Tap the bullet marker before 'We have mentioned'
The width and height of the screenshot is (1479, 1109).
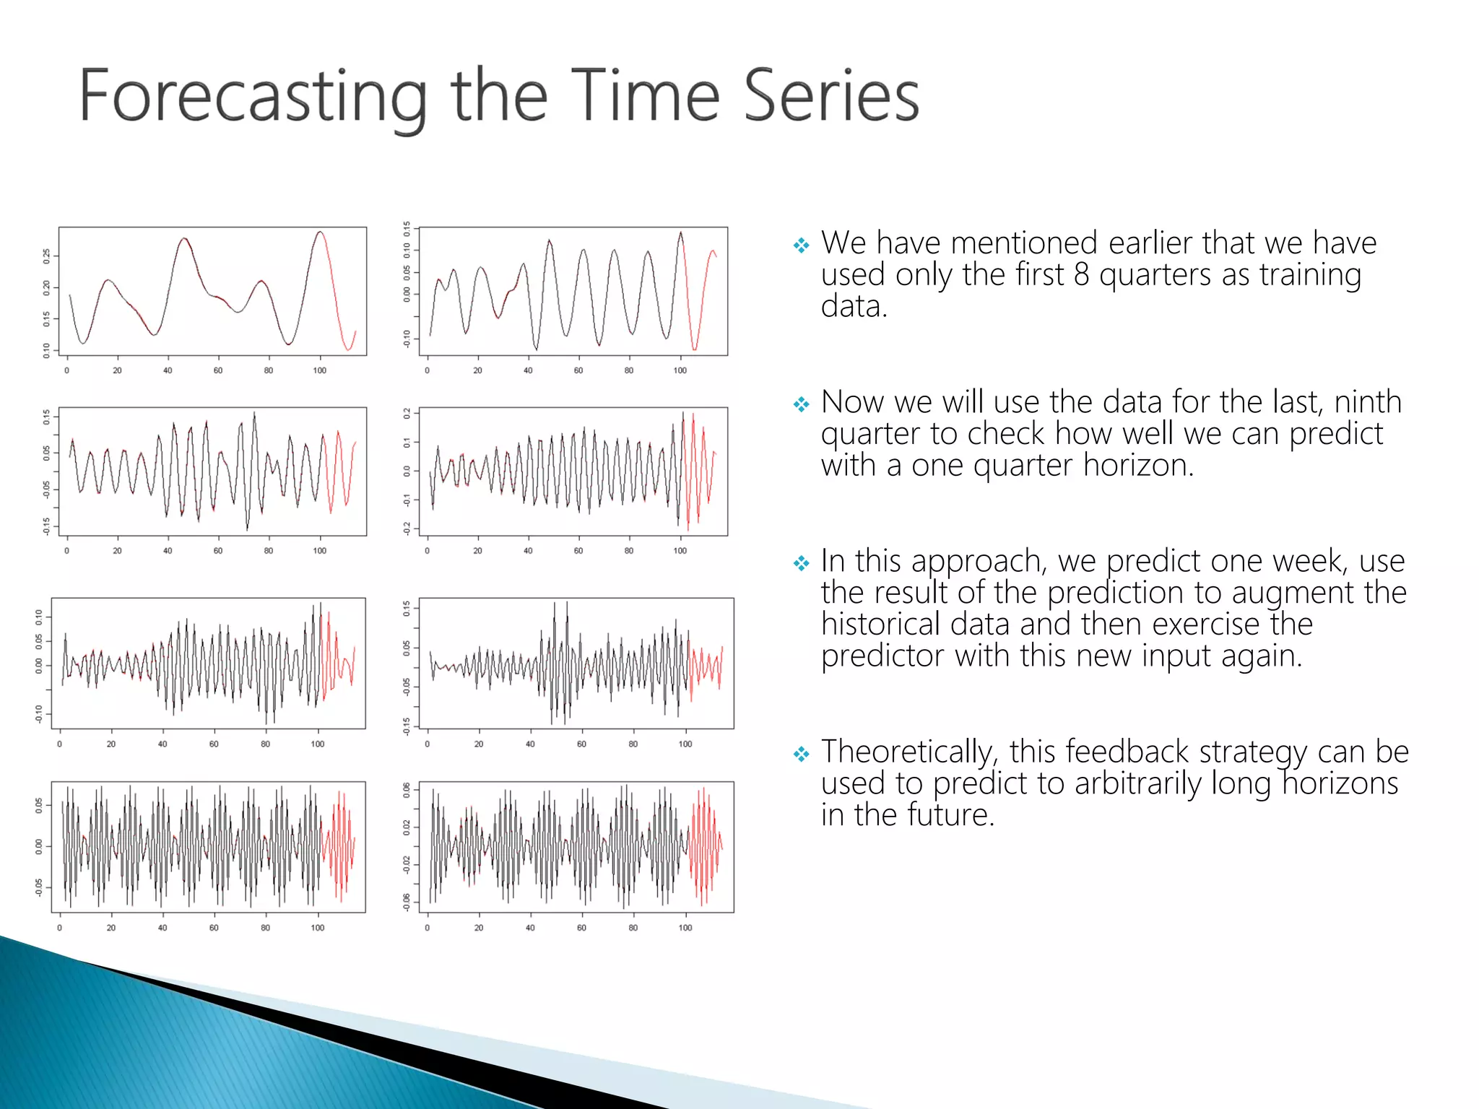click(x=801, y=245)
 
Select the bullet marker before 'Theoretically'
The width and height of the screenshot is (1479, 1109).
click(x=801, y=754)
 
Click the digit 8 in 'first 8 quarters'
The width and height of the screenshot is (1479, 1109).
click(x=1080, y=275)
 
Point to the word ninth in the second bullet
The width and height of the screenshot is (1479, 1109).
click(x=1367, y=402)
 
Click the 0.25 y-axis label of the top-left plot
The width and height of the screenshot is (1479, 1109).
click(x=47, y=256)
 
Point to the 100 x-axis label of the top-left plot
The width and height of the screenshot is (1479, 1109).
click(x=319, y=370)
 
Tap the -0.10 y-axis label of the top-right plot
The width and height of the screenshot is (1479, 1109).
click(x=407, y=338)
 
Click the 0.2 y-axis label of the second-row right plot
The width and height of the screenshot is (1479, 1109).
click(x=407, y=414)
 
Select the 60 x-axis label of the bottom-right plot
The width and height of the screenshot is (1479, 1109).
click(x=581, y=928)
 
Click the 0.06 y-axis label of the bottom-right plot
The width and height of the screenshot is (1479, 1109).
click(x=407, y=790)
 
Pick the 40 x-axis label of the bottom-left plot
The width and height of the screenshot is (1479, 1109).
click(x=162, y=928)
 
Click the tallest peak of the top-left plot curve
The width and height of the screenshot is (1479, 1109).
click(x=320, y=232)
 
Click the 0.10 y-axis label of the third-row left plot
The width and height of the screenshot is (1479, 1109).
click(x=39, y=615)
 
